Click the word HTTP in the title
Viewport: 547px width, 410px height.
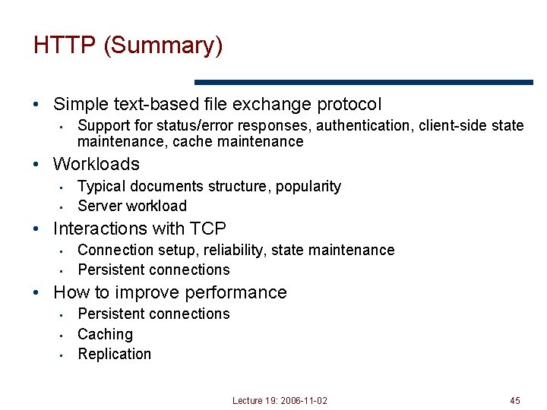[x=65, y=46]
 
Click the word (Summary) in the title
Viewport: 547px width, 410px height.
[x=163, y=46]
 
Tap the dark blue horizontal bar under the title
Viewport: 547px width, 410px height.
[x=364, y=82]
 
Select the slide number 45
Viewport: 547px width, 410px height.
[x=515, y=400]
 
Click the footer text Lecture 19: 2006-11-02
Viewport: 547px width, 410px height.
[x=280, y=400]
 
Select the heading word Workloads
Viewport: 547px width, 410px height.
[x=96, y=164]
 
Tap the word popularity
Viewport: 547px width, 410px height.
[x=308, y=187]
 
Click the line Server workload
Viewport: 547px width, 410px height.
[x=132, y=206]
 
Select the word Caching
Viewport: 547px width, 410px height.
[x=105, y=334]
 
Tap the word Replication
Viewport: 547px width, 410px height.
[x=114, y=354]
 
